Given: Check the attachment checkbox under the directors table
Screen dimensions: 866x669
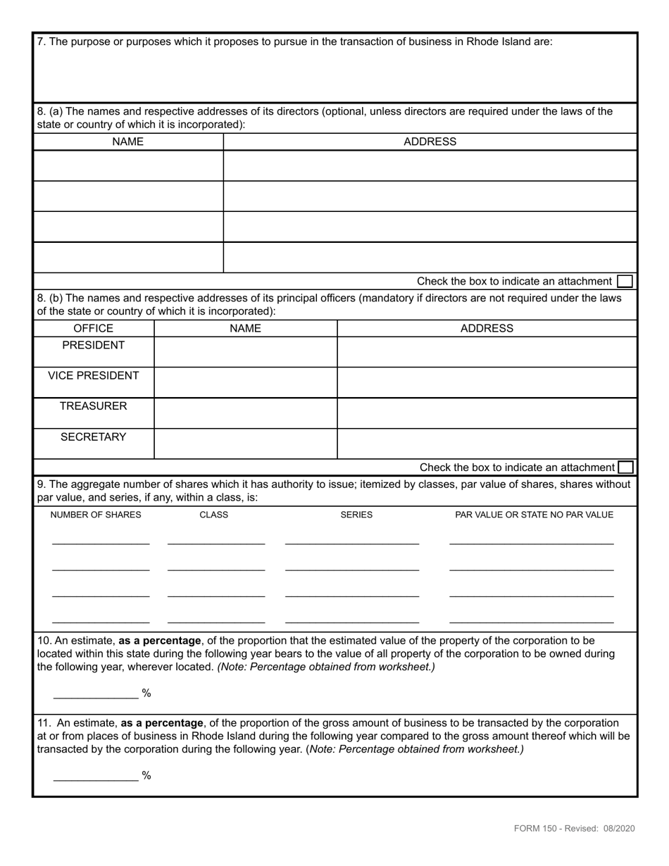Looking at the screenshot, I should [x=625, y=282].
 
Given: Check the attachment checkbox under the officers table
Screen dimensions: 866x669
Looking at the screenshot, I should [x=625, y=467].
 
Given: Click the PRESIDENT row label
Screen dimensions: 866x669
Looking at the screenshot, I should [x=93, y=346].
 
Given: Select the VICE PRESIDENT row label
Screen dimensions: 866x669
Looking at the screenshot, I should [x=93, y=376].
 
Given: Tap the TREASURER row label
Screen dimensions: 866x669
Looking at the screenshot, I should [x=93, y=406].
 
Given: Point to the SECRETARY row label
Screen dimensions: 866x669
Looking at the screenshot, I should [x=93, y=437].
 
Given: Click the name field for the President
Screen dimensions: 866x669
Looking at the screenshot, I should [x=245, y=352].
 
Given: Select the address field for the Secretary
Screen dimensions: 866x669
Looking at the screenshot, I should [x=487, y=444].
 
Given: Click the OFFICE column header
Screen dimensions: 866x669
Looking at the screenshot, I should [x=93, y=329].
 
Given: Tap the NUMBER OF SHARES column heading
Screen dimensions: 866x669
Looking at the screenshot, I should [x=96, y=515].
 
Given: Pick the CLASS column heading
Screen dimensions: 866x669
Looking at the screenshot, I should [x=214, y=515].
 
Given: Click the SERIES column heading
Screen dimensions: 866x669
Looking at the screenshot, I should [x=356, y=515].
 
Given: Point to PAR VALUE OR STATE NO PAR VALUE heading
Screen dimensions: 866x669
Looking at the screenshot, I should [x=534, y=515].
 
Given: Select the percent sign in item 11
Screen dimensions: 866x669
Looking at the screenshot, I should [x=146, y=776].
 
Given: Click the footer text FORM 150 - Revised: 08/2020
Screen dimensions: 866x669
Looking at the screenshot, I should [x=574, y=829].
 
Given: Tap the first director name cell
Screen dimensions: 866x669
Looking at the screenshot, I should [x=128, y=166].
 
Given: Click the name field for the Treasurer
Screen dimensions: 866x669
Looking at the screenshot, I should [x=245, y=413].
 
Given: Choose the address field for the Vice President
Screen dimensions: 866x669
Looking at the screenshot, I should [x=487, y=382].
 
